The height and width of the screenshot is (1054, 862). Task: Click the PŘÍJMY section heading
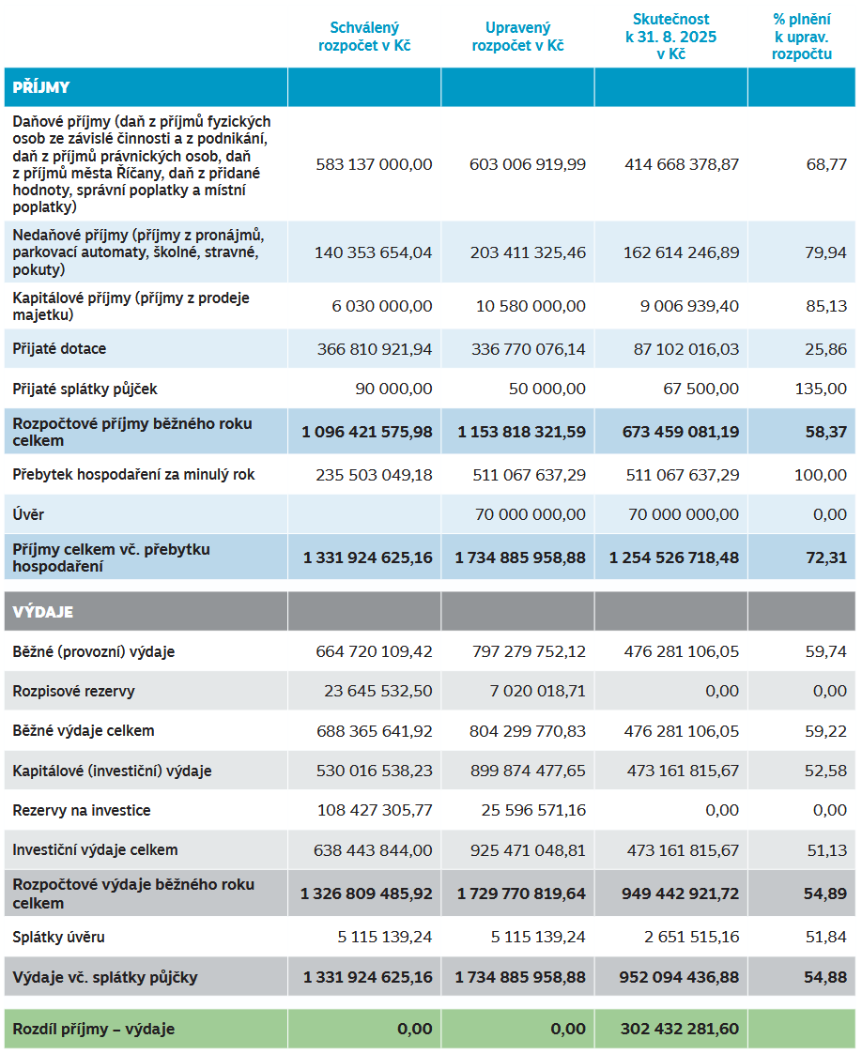point(41,88)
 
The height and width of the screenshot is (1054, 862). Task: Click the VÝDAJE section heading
point(42,612)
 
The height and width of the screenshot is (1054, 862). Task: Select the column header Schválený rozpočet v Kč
point(364,37)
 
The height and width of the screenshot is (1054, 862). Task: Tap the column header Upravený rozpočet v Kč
point(517,37)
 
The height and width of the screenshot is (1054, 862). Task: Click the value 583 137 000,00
point(374,164)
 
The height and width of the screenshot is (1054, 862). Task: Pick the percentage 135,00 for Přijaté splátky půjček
point(820,389)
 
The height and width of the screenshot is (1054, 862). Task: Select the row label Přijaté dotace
point(59,349)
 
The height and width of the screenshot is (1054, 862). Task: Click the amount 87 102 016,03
point(682,349)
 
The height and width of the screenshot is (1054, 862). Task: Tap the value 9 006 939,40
point(686,306)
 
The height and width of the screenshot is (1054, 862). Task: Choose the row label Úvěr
point(28,514)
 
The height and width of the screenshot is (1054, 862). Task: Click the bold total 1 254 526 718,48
point(673,558)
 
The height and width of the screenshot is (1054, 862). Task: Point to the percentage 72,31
point(825,558)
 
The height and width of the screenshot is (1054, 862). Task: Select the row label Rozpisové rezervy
point(73,692)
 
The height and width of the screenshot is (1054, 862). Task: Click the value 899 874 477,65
point(527,771)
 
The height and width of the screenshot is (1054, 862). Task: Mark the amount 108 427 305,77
point(374,810)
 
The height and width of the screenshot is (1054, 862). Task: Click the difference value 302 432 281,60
point(679,1029)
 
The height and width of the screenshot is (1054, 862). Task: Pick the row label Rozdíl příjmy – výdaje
point(93,1029)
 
